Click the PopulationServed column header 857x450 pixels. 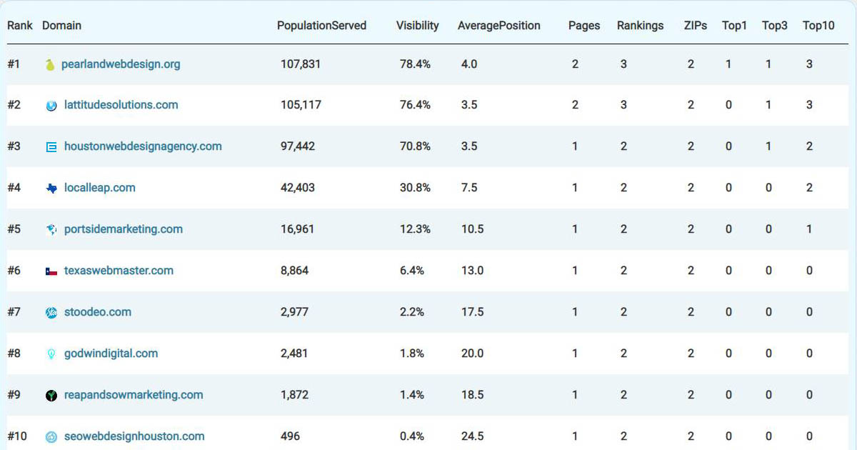click(x=321, y=26)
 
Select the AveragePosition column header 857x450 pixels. click(x=498, y=26)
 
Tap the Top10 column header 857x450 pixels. click(x=818, y=26)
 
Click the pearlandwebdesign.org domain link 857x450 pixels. click(x=121, y=64)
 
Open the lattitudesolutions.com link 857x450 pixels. click(x=121, y=105)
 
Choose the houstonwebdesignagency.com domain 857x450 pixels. click(x=143, y=146)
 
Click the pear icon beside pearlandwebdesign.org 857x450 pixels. click(x=51, y=65)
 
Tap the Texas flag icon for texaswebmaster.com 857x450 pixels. click(x=51, y=271)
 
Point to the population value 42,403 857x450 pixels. click(x=298, y=188)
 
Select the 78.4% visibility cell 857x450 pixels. click(x=415, y=64)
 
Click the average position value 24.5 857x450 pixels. click(x=473, y=436)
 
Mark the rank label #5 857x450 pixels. click(x=14, y=229)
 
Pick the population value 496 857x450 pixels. click(x=291, y=436)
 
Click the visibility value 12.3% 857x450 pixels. click(x=415, y=229)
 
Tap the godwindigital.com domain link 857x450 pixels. click(x=111, y=354)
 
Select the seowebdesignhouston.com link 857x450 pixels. click(x=134, y=436)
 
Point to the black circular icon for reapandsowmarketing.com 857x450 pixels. click(x=51, y=396)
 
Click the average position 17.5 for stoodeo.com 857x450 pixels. click(x=473, y=312)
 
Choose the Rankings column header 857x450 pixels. click(x=640, y=26)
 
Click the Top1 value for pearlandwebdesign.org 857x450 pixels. click(x=728, y=64)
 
